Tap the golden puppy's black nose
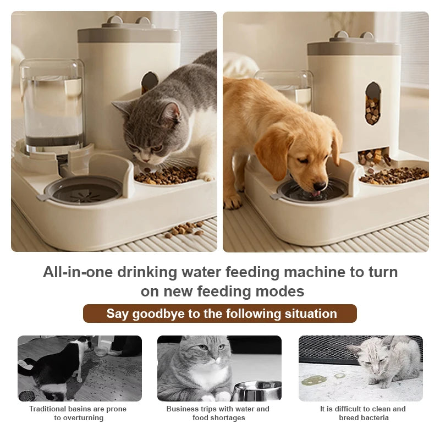[x=320, y=186]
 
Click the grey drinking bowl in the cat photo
[x=83, y=190]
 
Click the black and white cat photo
[x=79, y=368]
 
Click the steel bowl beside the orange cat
[x=256, y=391]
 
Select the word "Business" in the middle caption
[x=183, y=409]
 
